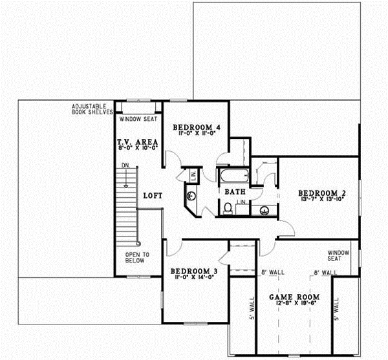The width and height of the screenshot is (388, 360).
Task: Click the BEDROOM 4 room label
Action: point(197,129)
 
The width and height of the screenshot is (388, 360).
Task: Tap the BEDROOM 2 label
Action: point(319,193)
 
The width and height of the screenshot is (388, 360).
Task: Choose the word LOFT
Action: point(152,195)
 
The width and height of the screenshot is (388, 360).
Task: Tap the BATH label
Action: point(233,191)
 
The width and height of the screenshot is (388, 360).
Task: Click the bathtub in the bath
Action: point(233,176)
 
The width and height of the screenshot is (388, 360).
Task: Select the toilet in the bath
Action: point(228,208)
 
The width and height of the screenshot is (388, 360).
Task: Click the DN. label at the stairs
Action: point(125,167)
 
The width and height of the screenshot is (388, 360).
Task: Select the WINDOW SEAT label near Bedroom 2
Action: point(338,255)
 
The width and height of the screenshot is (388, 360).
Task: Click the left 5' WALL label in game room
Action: point(252,308)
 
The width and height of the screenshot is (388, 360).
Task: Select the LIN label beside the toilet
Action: point(241,203)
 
